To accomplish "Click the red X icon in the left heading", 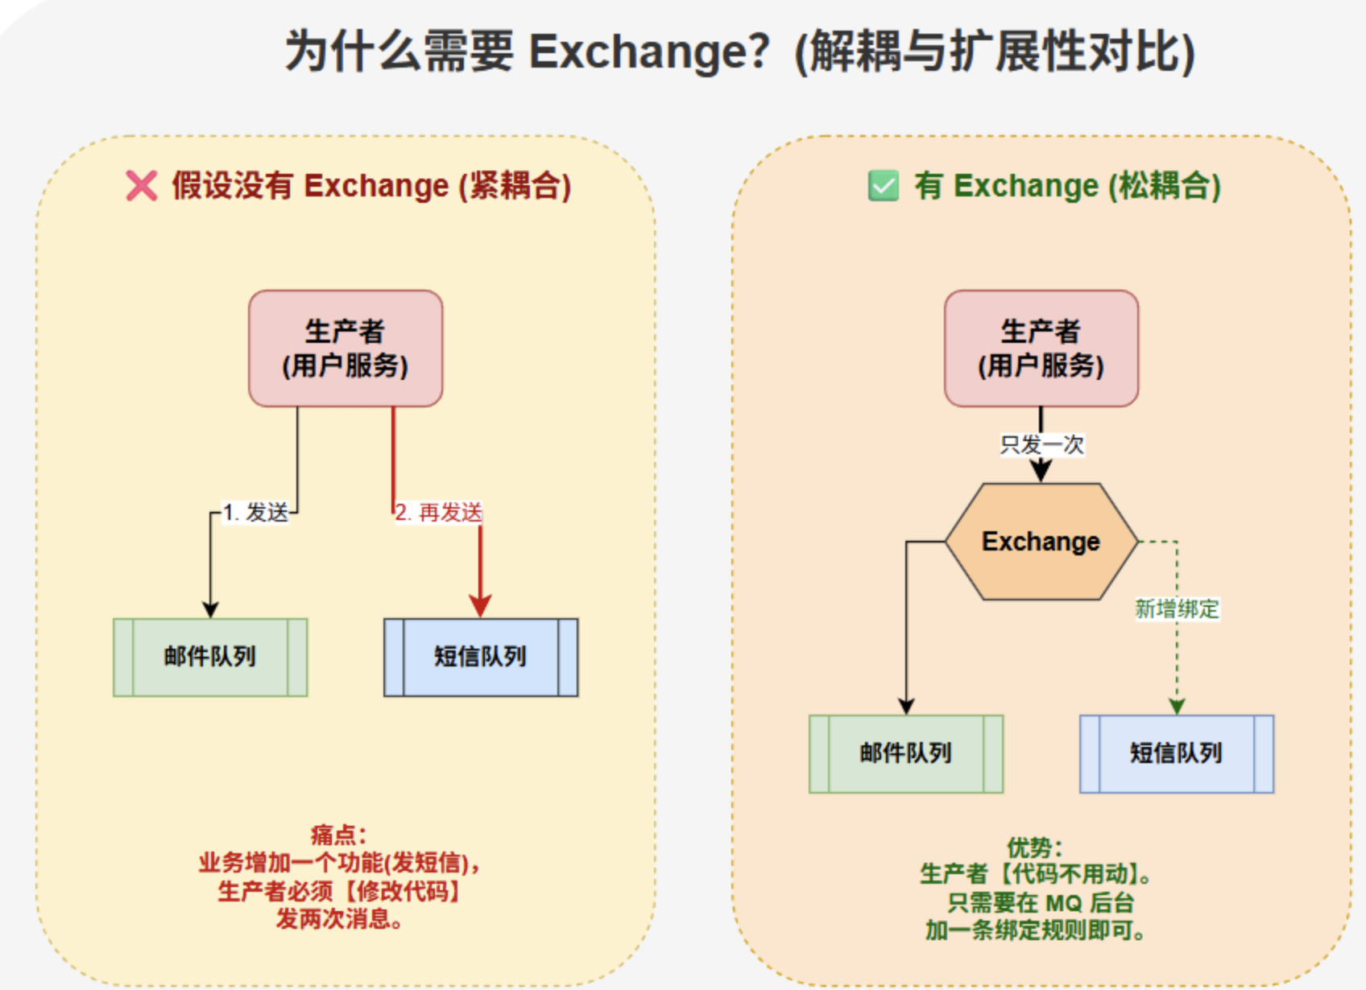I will click(x=141, y=186).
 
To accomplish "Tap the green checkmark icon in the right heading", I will click(x=884, y=186).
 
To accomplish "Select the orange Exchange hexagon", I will click(x=1041, y=542).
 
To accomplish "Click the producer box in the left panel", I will click(x=346, y=349).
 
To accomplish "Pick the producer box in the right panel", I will click(x=1041, y=349).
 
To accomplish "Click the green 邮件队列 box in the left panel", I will click(x=210, y=658).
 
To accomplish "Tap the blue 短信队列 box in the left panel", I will click(x=481, y=658).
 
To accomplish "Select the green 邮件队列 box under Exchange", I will click(x=906, y=754).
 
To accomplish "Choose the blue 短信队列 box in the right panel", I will click(x=1177, y=754).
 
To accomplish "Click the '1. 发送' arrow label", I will click(x=255, y=513).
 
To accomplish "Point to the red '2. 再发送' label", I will click(x=438, y=513).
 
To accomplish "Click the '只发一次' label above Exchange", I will click(x=1041, y=444).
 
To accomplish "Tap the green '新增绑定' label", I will click(x=1177, y=609).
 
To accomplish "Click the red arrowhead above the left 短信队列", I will click(x=481, y=606).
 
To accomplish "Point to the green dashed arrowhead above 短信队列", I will click(x=1177, y=706).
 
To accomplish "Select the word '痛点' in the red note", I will click(x=333, y=834).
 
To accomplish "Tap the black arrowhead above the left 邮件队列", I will click(x=211, y=608).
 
